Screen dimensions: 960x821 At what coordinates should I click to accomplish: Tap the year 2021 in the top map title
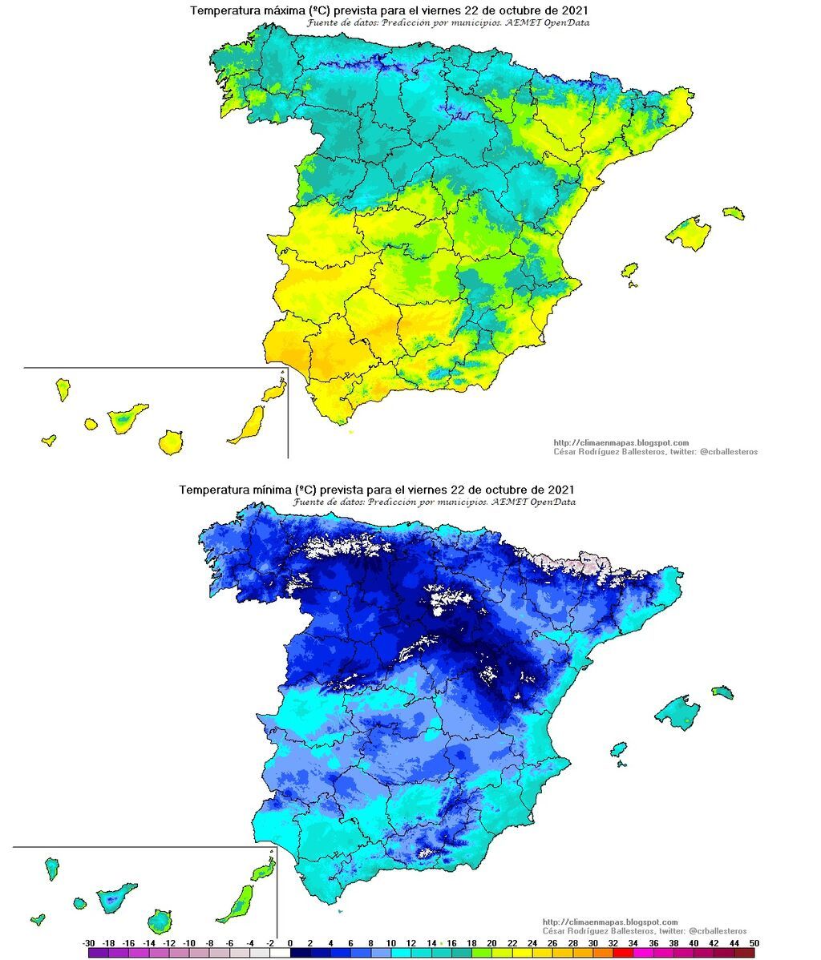coord(571,11)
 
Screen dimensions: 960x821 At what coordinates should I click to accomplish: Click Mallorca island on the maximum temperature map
coord(688,233)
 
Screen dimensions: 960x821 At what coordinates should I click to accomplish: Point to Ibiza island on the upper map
coord(629,270)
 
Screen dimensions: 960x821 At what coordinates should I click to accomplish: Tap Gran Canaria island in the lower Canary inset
coord(160,921)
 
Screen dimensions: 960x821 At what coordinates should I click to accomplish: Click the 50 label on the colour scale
coord(753,942)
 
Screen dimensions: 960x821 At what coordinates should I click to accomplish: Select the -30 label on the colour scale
coord(89,942)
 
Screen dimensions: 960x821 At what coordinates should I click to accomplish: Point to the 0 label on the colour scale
coord(289,942)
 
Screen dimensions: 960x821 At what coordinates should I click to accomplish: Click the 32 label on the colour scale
coord(612,942)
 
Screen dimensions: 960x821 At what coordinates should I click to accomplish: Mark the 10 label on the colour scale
coord(390,942)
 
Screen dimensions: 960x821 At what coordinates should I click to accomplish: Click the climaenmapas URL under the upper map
coord(621,442)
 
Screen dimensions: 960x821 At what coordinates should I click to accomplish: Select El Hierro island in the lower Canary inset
coord(37,919)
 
